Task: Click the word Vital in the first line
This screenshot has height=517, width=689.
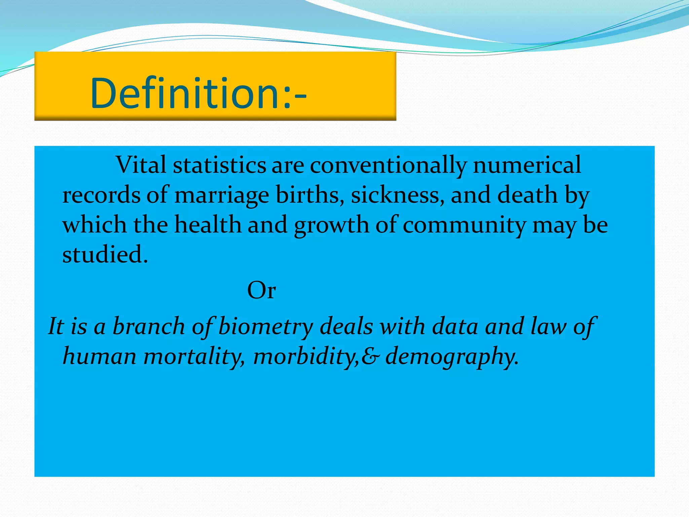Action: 141,165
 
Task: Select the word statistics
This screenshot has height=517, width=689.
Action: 219,165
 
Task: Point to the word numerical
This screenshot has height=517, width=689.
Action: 527,165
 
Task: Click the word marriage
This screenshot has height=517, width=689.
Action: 222,196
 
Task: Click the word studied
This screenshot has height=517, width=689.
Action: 105,254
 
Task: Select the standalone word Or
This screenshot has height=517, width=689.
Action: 261,290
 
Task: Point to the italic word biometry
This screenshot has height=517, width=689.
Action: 265,327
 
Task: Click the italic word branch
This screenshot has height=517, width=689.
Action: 148,326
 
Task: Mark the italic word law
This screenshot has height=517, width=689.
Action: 548,326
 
